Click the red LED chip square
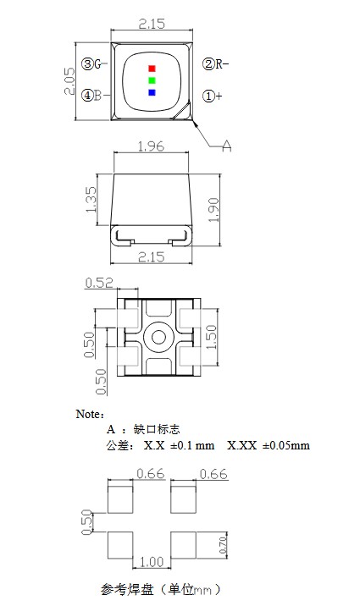tap(152, 68)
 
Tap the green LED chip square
tap(152, 80)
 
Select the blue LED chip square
tap(152, 92)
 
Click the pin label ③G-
tap(93, 63)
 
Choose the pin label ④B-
tap(92, 96)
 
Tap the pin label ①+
tap(212, 96)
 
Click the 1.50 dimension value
tap(213, 337)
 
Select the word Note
tap(89, 414)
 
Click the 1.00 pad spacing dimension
tap(152, 562)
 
